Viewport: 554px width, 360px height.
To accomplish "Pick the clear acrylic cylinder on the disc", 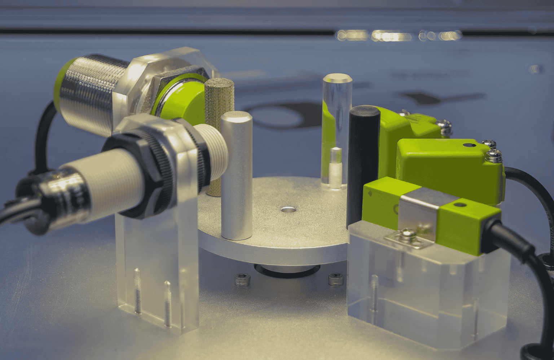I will pyautogui.click(x=335, y=119).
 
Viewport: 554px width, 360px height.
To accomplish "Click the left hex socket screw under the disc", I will pyautogui.click(x=241, y=280).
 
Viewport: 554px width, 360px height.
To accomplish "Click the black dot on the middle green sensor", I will pyautogui.click(x=468, y=145).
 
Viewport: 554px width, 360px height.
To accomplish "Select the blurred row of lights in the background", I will pyautogui.click(x=397, y=35).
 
